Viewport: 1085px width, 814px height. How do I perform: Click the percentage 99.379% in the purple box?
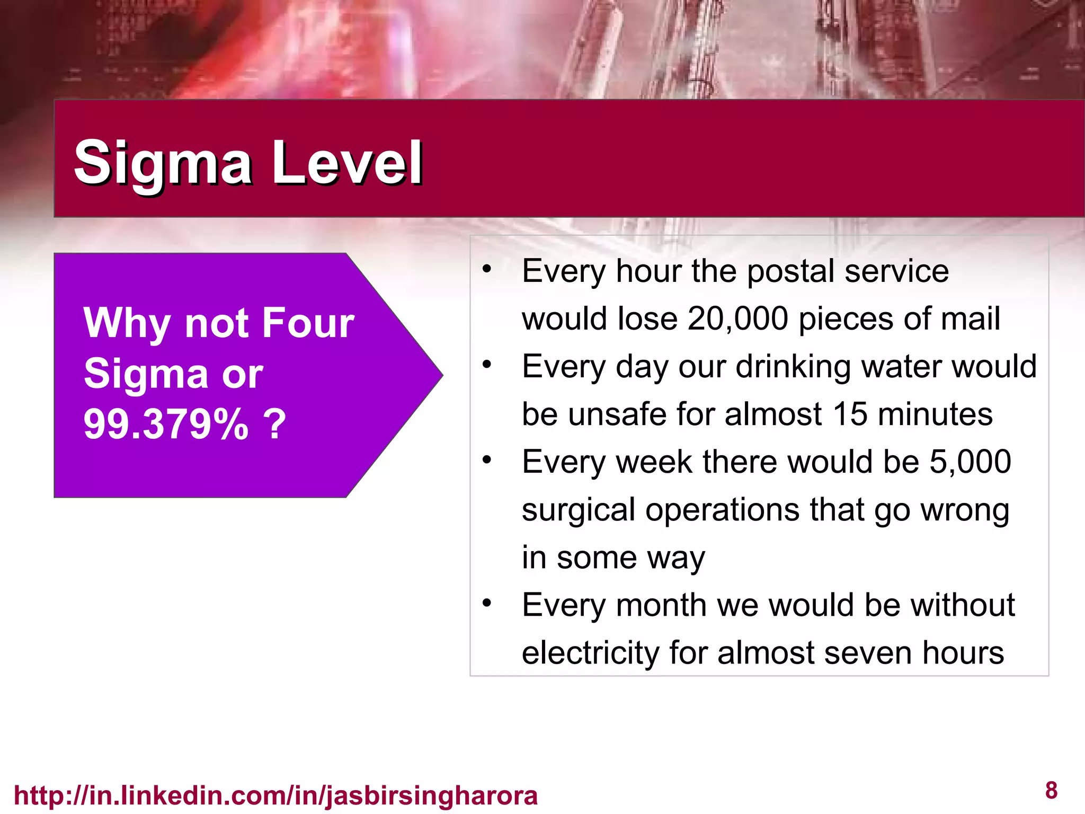click(x=166, y=424)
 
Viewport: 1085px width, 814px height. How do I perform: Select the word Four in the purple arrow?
click(x=308, y=323)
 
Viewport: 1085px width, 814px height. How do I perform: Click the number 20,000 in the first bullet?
click(x=739, y=319)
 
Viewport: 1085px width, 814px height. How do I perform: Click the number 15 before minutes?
click(x=850, y=414)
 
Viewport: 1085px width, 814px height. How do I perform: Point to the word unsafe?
click(x=615, y=414)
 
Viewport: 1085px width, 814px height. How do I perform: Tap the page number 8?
click(x=1051, y=791)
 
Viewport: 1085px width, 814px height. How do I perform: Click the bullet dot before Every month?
click(x=487, y=603)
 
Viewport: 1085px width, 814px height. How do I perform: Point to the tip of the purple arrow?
click(x=441, y=375)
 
